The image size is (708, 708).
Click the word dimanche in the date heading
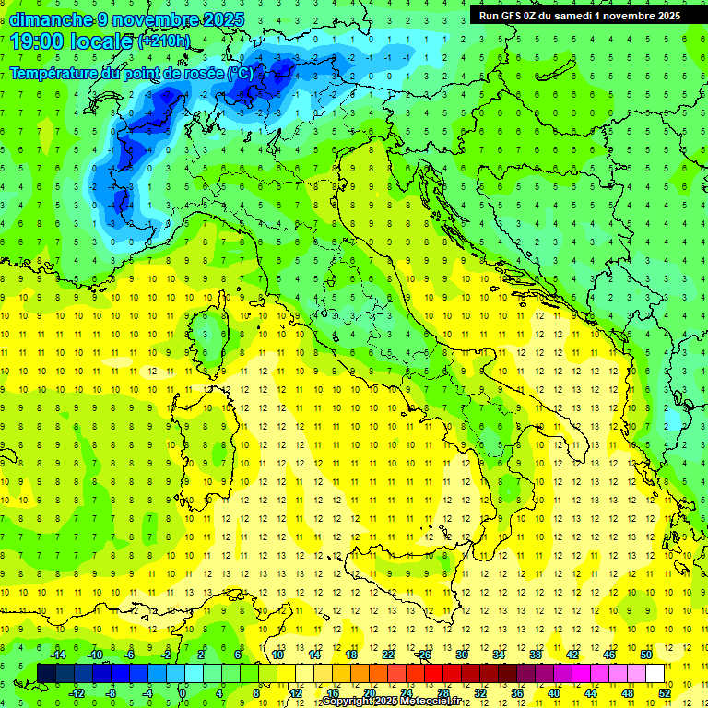tap(47, 19)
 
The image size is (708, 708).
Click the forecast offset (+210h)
tap(164, 41)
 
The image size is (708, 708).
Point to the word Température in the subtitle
tap(56, 73)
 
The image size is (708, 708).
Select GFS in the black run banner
tap(516, 15)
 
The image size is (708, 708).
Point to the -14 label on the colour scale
tap(57, 655)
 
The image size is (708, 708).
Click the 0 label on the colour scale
tap(183, 693)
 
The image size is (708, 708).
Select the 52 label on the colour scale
tap(665, 693)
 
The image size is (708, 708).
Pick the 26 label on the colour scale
tap(425, 655)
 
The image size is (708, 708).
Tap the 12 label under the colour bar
tap(295, 693)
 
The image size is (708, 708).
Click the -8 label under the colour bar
tap(111, 693)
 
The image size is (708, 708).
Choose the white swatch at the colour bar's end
tap(655, 673)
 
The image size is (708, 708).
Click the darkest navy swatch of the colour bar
tap(47, 673)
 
